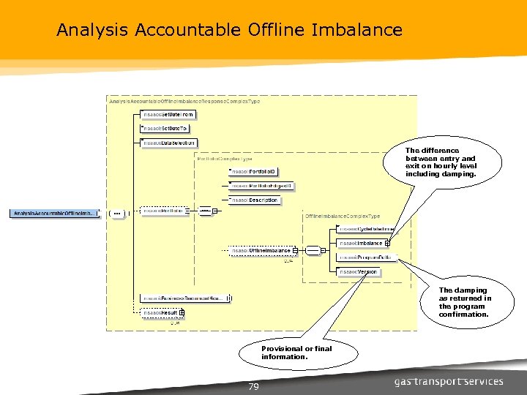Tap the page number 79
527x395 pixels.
(x=253, y=387)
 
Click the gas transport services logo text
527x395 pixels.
(x=449, y=381)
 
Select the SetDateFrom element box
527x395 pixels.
(x=168, y=115)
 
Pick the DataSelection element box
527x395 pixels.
(x=170, y=143)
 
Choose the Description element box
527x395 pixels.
(x=254, y=200)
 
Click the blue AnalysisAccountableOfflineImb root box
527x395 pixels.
(x=54, y=213)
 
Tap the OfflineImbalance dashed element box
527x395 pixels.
(x=261, y=251)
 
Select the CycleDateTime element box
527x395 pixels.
(x=366, y=229)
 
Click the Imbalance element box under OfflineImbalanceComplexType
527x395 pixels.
(x=364, y=243)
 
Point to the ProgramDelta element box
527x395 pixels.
(x=366, y=257)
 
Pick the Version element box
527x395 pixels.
(x=359, y=271)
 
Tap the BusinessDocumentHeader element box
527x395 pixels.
(x=185, y=298)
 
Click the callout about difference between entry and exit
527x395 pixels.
(x=441, y=162)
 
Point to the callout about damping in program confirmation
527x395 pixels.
(x=465, y=302)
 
